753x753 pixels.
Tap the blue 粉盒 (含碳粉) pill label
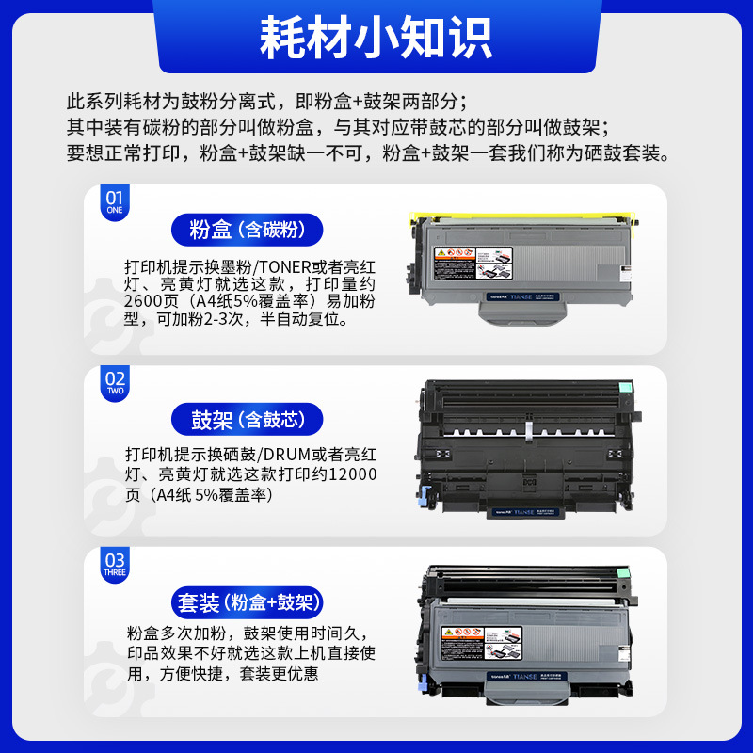click(248, 230)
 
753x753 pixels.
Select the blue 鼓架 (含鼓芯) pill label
click(248, 419)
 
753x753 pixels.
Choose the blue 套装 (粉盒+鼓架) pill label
click(248, 601)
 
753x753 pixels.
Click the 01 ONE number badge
click(114, 202)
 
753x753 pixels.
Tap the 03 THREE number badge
click(114, 566)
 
